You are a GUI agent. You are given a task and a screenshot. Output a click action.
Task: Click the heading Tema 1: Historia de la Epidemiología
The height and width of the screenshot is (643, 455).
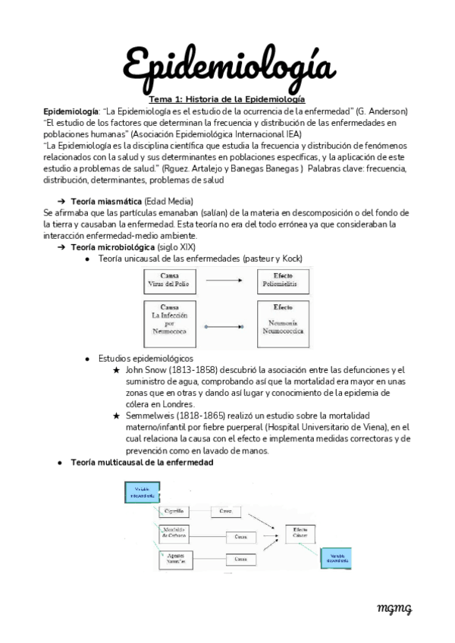[227, 99]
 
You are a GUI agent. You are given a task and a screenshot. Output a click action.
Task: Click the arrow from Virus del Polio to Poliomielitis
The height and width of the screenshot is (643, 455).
[229, 281]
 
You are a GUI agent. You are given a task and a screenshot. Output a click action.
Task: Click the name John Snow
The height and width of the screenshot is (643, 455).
[147, 369]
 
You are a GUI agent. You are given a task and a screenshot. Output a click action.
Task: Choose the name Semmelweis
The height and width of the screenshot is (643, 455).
[154, 417]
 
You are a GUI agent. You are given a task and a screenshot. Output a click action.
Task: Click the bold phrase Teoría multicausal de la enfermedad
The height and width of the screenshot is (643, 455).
[142, 462]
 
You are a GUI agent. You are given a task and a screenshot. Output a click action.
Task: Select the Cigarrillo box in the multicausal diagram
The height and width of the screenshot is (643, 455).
[174, 510]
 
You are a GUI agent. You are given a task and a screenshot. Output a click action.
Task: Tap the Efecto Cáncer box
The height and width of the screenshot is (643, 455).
[300, 534]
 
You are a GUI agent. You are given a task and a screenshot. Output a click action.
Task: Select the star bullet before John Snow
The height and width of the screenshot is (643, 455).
[115, 369]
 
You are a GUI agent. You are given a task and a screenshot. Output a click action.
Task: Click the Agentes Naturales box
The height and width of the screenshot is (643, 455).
[174, 559]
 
